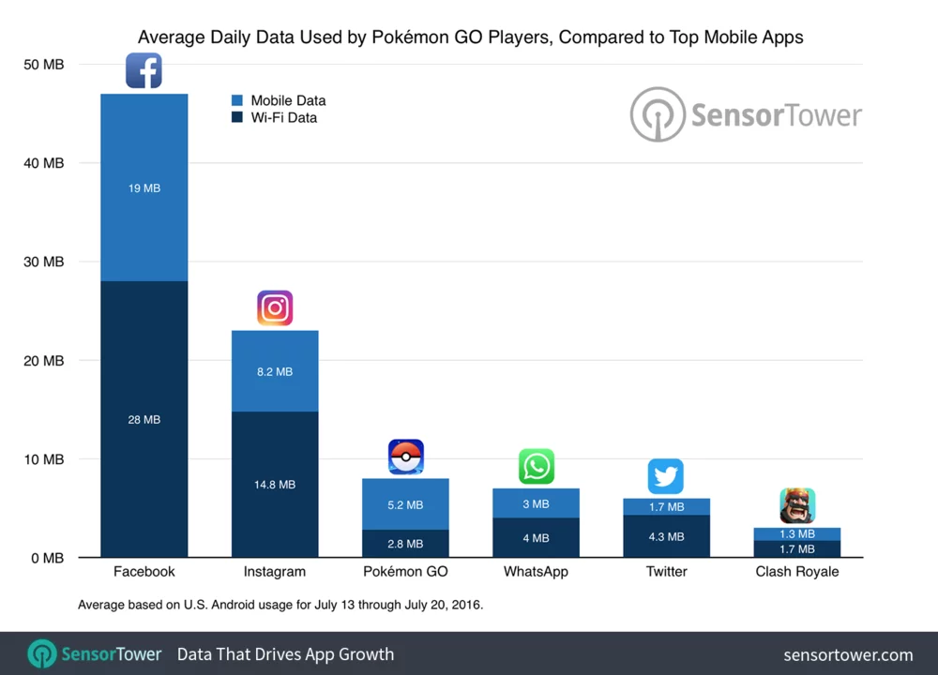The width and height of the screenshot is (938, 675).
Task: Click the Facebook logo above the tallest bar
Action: click(144, 71)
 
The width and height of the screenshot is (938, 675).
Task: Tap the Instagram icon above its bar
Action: click(275, 308)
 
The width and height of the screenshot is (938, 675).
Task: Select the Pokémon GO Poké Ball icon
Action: click(405, 457)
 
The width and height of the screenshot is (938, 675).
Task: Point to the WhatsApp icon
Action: click(537, 466)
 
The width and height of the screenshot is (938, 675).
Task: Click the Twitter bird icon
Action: click(666, 476)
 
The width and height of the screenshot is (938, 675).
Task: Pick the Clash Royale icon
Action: click(796, 506)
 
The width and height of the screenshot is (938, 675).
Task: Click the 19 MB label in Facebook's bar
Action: click(144, 188)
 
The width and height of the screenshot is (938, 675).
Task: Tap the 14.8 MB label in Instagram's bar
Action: click(275, 485)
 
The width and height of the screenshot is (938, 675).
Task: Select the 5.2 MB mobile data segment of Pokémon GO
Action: click(405, 504)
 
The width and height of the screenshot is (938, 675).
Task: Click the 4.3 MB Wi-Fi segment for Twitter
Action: click(666, 537)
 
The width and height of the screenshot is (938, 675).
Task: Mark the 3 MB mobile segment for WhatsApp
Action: click(537, 503)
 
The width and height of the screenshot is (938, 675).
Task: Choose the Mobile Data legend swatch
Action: click(236, 100)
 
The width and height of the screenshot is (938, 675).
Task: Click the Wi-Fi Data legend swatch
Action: click(236, 117)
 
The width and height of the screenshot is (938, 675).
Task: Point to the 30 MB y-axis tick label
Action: click(45, 262)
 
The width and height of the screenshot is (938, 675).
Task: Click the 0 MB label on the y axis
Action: click(45, 558)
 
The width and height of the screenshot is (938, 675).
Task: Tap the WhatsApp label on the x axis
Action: click(537, 571)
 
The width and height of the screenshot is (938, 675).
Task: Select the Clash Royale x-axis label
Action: click(796, 571)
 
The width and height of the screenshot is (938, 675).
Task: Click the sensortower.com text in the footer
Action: click(848, 653)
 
